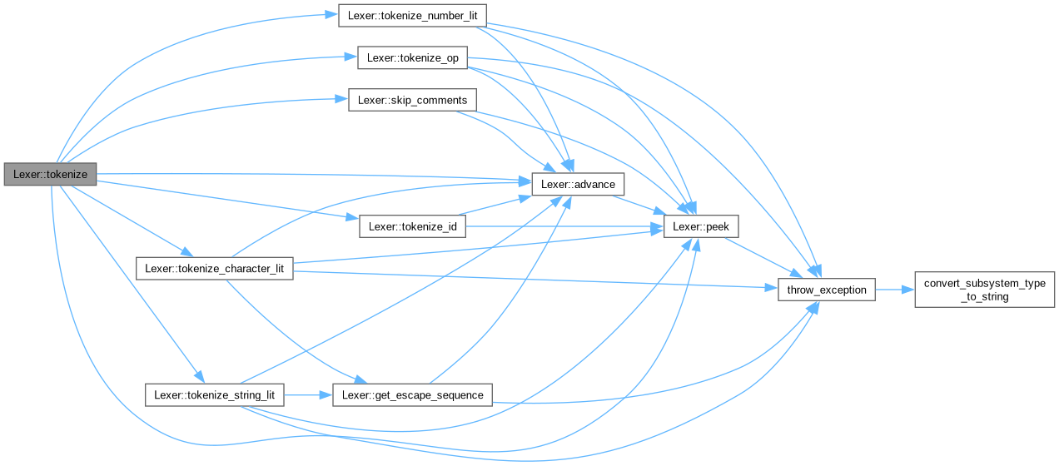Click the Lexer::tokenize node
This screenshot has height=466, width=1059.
click(50, 174)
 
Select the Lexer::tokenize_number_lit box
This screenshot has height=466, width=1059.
click(411, 16)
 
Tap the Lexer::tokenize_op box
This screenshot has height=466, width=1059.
click(412, 58)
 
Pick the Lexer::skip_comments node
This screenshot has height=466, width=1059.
click(412, 100)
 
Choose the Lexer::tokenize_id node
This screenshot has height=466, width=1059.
click(411, 226)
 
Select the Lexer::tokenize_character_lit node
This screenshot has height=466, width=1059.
click(214, 268)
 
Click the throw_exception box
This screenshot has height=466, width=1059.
click(826, 290)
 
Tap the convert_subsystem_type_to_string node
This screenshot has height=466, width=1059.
click(985, 290)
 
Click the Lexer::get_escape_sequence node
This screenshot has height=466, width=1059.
click(412, 394)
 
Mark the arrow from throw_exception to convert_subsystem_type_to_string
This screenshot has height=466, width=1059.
click(894, 290)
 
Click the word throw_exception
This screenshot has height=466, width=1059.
click(826, 290)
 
